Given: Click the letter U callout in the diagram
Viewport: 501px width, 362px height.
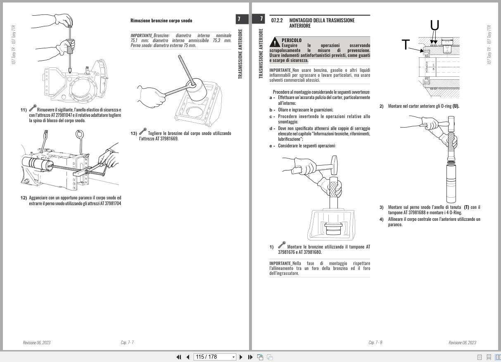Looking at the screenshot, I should (x=435, y=26).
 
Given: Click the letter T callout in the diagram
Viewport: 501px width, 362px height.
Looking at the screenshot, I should (x=406, y=45).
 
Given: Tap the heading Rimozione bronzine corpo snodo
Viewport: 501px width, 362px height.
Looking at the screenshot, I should (x=161, y=21).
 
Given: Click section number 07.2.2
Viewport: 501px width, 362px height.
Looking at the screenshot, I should (x=277, y=20).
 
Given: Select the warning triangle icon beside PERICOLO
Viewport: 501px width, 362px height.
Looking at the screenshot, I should (x=275, y=43).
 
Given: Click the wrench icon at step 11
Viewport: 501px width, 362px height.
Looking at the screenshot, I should (x=32, y=109).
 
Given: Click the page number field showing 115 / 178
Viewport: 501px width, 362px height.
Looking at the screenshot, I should (x=215, y=357).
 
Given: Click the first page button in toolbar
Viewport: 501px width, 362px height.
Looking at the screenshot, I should (x=179, y=357).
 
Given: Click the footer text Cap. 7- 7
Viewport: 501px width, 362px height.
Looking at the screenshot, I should (x=127, y=343).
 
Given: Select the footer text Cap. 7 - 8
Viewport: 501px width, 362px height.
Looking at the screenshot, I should (x=375, y=343).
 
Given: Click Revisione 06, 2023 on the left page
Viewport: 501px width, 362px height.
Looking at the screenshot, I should (x=36, y=343).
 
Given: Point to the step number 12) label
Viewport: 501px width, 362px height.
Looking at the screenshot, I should (x=24, y=198).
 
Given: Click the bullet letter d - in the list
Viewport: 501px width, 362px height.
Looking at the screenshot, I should (x=272, y=129).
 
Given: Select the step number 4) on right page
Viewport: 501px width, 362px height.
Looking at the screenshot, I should (x=382, y=219).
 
